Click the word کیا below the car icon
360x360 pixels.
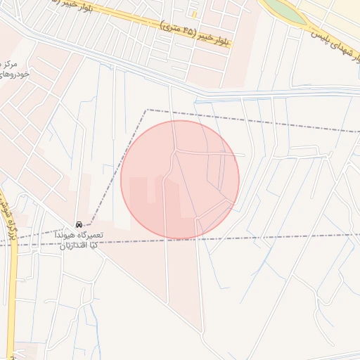(99, 245)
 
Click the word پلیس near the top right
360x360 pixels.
(321, 31)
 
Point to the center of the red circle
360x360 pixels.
(180, 180)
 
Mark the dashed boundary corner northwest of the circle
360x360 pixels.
(146, 110)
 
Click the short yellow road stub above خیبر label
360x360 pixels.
(194, 13)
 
